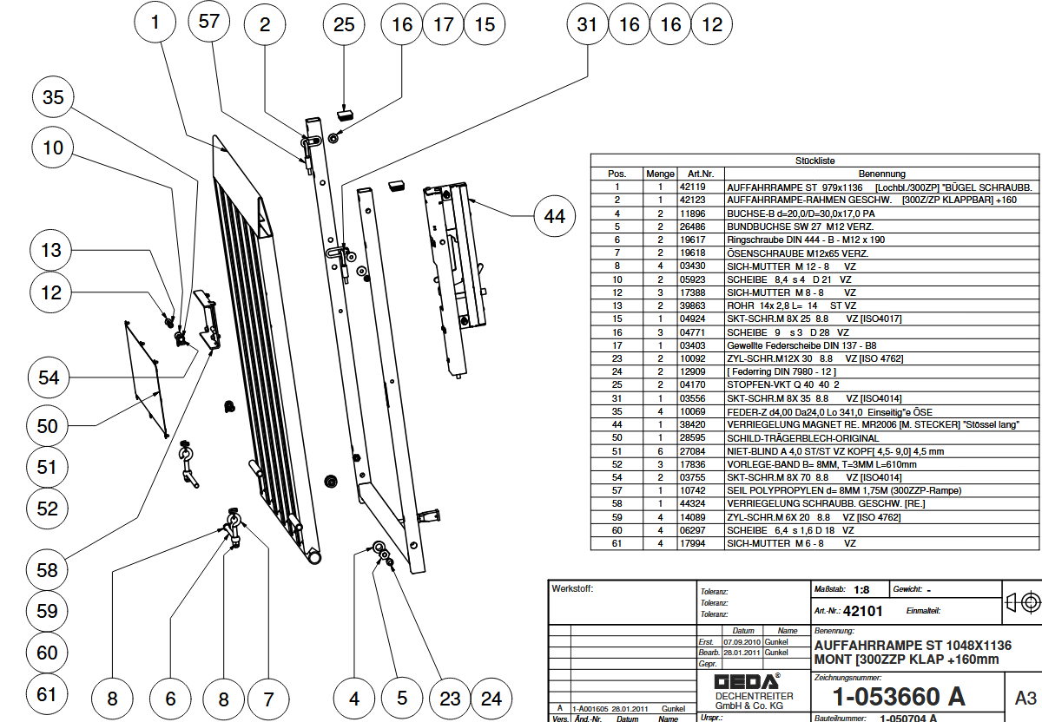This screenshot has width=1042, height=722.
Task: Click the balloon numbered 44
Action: (555, 216)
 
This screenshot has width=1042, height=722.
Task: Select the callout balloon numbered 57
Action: (209, 23)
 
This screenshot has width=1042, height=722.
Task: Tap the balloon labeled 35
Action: (54, 98)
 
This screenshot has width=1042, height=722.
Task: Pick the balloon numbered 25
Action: (344, 24)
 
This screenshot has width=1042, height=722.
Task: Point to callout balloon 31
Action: (588, 24)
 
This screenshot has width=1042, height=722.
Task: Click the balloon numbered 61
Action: (47, 694)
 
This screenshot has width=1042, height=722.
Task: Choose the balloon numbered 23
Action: (450, 698)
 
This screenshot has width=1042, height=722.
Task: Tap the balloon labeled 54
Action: (49, 377)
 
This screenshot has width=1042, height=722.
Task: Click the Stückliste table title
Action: (814, 161)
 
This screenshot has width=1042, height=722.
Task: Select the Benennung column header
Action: (881, 174)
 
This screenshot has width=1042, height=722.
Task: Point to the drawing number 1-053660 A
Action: (898, 696)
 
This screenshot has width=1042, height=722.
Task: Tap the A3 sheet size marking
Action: (1025, 697)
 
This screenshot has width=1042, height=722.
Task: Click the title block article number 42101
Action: (862, 611)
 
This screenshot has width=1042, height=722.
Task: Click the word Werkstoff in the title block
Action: (573, 589)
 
